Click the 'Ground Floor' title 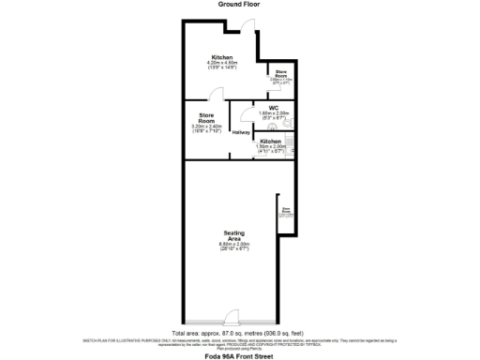coord(239,5)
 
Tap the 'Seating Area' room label coord(233,236)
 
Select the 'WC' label coord(274,108)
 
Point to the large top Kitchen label coord(221,57)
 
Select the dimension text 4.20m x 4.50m coord(222,64)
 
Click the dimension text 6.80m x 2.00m coord(233,245)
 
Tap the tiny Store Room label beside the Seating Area coord(285,212)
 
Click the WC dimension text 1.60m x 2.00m coord(274,113)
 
